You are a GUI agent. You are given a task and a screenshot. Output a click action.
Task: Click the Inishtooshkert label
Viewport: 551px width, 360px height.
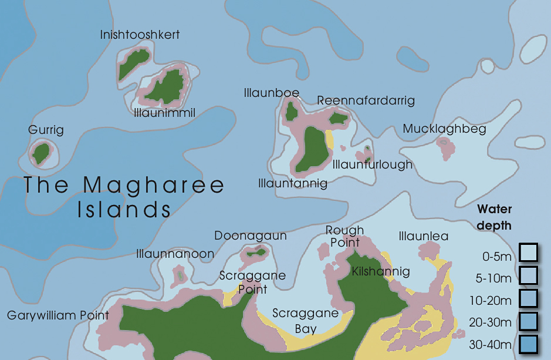pyautogui.click(x=140, y=35)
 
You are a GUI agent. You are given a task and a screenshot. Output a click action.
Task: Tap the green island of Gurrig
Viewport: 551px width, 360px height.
pyautogui.click(x=41, y=153)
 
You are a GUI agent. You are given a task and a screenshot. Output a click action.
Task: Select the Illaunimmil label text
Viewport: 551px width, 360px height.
pyautogui.click(x=164, y=112)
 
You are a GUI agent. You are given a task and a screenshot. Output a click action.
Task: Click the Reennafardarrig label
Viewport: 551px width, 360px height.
pyautogui.click(x=366, y=100)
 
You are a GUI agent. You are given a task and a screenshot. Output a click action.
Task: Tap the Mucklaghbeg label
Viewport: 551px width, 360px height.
pyautogui.click(x=444, y=129)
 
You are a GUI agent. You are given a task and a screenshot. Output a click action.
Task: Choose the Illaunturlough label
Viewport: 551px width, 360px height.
pyautogui.click(x=373, y=164)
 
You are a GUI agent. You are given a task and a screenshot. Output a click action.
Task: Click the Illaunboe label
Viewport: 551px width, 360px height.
pyautogui.click(x=271, y=93)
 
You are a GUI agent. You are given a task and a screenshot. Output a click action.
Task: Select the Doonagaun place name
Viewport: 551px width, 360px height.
pyautogui.click(x=251, y=235)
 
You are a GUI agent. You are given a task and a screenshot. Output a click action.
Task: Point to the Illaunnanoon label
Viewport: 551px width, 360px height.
pyautogui.click(x=175, y=254)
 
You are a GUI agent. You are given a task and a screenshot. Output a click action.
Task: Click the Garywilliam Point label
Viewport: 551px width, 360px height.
pyautogui.click(x=58, y=315)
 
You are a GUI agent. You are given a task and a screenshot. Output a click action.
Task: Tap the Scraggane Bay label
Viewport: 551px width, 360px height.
pyautogui.click(x=306, y=321)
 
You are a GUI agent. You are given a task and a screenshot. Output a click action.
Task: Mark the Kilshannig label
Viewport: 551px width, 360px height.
pyautogui.click(x=380, y=271)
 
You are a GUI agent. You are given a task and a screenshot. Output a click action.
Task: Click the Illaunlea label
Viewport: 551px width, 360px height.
pyautogui.click(x=423, y=237)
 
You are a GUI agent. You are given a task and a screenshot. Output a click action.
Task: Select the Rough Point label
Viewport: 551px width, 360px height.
pyautogui.click(x=345, y=236)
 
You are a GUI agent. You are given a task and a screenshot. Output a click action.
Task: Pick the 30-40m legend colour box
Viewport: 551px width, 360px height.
pyautogui.click(x=528, y=344)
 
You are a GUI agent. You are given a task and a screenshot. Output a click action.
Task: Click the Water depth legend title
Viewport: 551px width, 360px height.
pyautogui.click(x=494, y=217)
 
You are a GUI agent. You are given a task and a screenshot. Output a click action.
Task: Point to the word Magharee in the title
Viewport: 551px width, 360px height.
pyautogui.click(x=154, y=185)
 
